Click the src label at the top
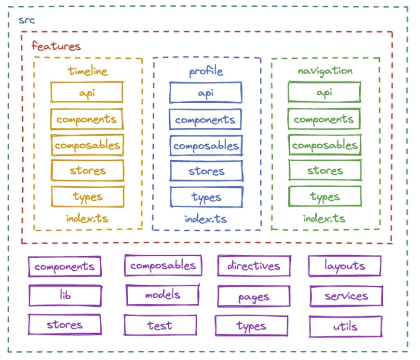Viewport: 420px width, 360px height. coord(27,21)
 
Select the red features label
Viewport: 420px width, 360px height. coord(56,46)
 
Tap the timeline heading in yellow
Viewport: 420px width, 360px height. coord(87,71)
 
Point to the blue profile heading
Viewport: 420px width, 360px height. coord(206,72)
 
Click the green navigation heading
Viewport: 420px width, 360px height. coord(325,71)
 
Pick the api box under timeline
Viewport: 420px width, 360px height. coord(87,92)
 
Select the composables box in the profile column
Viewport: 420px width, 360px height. coord(206,145)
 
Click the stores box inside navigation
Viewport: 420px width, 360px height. coord(325,170)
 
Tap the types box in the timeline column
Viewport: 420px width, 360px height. coord(87,196)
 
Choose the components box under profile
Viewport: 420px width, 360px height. coord(206,120)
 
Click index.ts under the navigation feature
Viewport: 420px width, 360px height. coord(324,218)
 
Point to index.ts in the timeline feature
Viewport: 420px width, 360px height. coord(87,218)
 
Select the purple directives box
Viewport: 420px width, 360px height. coord(254,266)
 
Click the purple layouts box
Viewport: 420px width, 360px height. coord(345,266)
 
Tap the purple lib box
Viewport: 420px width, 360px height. coord(65,295)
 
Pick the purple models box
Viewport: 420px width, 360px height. coord(163,295)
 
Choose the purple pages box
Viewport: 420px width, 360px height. coord(254,297)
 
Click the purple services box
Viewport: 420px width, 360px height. coord(346,296)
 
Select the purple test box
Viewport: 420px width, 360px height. coord(160,325)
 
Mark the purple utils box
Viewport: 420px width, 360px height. coord(345,327)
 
